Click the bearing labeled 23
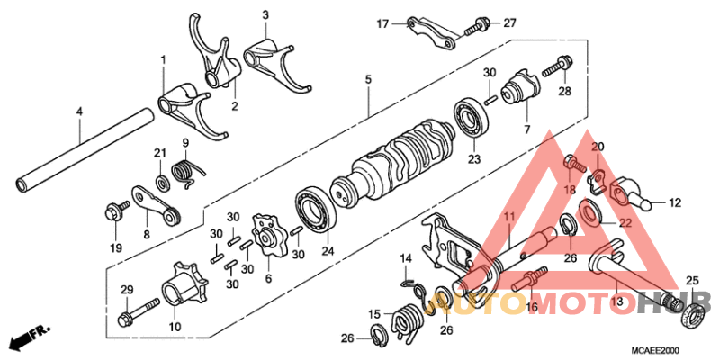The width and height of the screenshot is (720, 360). coord(472,114)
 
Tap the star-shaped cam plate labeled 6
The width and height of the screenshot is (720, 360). coord(265,230)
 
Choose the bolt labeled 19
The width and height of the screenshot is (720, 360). coord(115,211)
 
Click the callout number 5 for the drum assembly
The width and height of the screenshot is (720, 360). coord(368,80)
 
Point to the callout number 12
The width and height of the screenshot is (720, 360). coord(676,202)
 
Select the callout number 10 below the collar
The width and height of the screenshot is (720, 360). coord(173,326)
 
